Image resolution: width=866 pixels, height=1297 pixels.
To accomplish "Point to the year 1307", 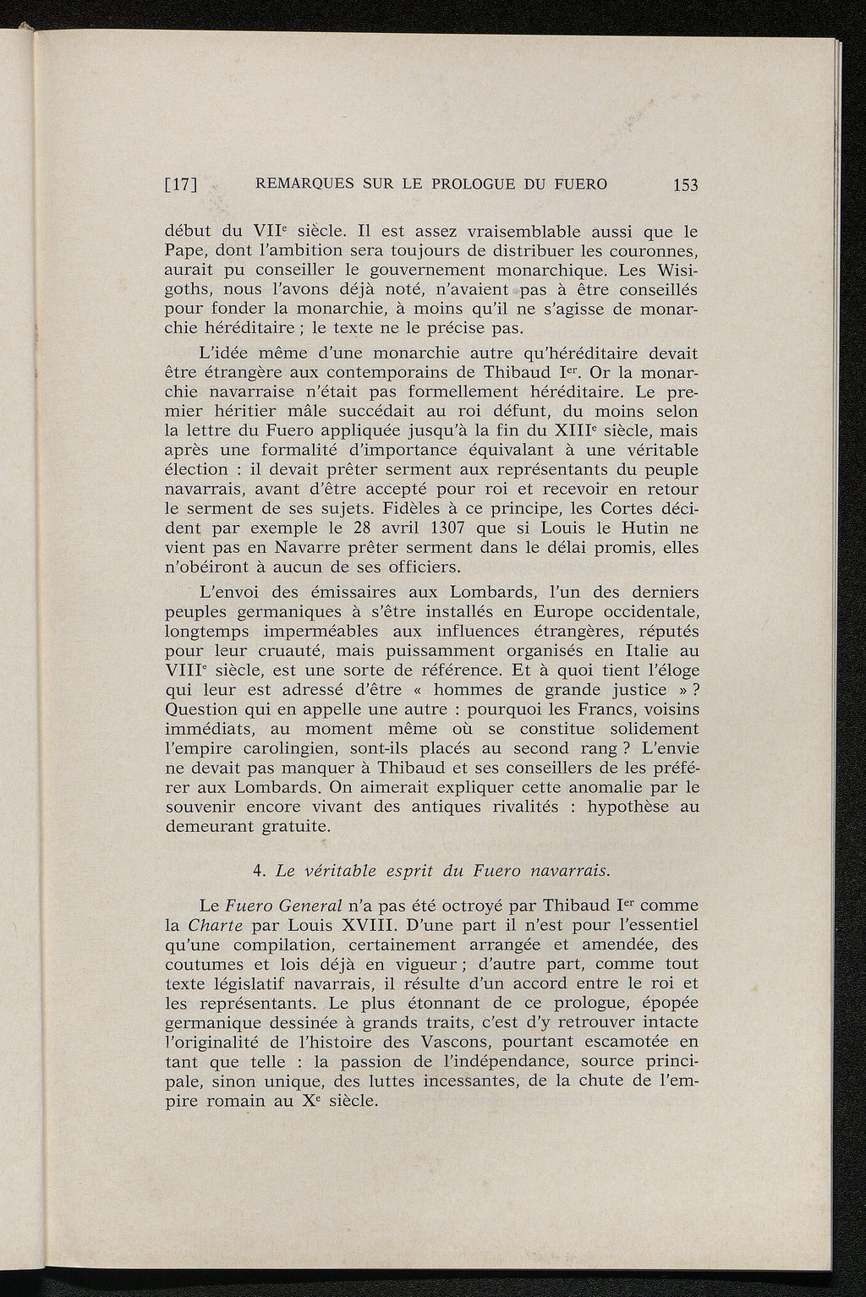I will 416,529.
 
